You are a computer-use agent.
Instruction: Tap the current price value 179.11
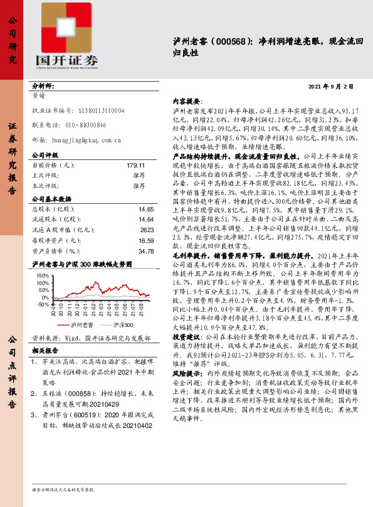pyautogui.click(x=135, y=165)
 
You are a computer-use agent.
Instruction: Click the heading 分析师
pyautogui.click(x=43, y=86)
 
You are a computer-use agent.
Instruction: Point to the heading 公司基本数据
pyautogui.click(x=53, y=198)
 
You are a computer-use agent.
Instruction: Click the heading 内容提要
pyautogui.click(x=186, y=101)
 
